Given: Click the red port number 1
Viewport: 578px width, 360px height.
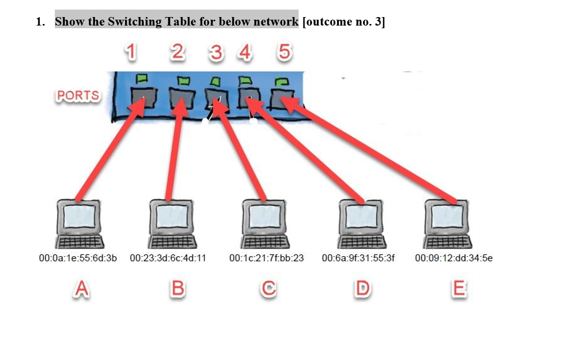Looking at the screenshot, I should (x=130, y=52).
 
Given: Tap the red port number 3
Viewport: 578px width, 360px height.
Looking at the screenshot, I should (x=216, y=53).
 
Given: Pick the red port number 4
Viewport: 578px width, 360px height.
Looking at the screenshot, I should (x=245, y=52).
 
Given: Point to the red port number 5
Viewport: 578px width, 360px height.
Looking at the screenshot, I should (x=284, y=52).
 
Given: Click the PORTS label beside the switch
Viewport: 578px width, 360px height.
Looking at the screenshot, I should (x=78, y=96).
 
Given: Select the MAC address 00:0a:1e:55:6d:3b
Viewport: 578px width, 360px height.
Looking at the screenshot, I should (x=78, y=258).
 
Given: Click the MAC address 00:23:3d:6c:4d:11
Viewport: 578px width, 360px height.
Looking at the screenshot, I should (x=168, y=258).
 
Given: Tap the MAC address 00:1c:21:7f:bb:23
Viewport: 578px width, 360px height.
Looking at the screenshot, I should (x=266, y=258).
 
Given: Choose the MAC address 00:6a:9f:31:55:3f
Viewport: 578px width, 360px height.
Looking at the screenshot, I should (x=359, y=258).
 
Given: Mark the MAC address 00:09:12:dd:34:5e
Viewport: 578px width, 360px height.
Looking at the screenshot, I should (x=453, y=258).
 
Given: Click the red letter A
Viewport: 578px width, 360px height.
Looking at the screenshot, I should (x=80, y=289).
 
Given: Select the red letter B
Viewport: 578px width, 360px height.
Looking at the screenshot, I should (x=178, y=289).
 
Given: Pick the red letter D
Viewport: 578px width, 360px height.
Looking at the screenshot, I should (x=362, y=289).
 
